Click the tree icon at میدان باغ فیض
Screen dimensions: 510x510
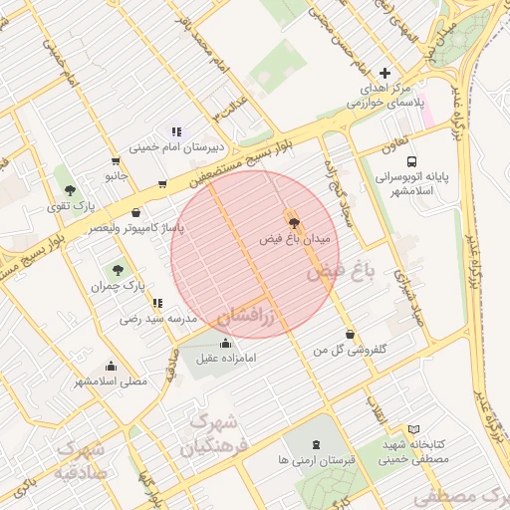(x=292, y=219)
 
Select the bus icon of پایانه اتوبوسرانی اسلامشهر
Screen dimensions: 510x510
(x=411, y=160)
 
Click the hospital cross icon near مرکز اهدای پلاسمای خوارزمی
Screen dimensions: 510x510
(x=385, y=73)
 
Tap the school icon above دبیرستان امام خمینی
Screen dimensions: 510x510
(x=176, y=130)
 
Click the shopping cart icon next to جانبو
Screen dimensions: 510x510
(x=117, y=161)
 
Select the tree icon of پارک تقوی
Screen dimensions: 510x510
(x=69, y=190)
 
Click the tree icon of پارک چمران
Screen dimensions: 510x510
(x=118, y=269)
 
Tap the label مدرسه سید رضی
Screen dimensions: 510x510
(x=158, y=319)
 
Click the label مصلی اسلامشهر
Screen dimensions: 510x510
(x=111, y=382)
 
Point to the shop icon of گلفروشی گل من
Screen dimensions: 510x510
(x=349, y=334)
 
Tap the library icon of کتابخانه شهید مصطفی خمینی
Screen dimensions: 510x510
(x=414, y=429)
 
